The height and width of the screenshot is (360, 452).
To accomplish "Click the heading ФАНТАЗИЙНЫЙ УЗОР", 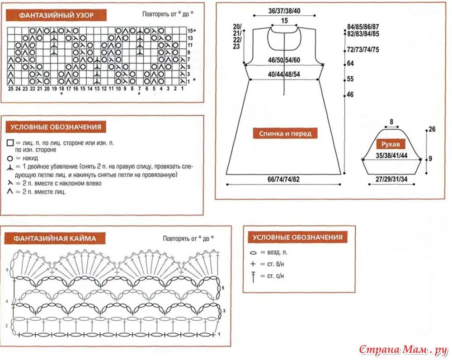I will [x=56, y=15].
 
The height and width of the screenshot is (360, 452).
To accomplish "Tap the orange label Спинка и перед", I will [x=285, y=133].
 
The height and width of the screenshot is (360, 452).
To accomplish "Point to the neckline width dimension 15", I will [x=284, y=21].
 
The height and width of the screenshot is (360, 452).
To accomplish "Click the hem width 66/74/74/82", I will [x=283, y=179].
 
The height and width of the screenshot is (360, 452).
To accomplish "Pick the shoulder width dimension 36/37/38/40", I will [x=284, y=10].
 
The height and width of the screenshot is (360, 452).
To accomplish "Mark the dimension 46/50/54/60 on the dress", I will [x=284, y=60].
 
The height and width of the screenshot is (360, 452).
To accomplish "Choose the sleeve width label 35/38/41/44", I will [x=391, y=155].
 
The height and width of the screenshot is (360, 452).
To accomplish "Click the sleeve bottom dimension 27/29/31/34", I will [x=391, y=179].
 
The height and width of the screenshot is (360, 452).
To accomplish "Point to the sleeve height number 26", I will [x=432, y=130].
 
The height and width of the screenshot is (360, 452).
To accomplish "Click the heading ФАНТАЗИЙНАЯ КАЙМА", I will [x=55, y=238].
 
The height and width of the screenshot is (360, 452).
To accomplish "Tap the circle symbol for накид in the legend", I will [x=9, y=159].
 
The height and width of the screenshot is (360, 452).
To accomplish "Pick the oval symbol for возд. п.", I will [x=253, y=253].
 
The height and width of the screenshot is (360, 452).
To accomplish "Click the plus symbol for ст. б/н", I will [x=253, y=264].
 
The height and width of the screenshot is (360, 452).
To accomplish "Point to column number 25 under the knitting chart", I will [x=11, y=89].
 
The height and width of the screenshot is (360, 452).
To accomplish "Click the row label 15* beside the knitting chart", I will [x=191, y=31].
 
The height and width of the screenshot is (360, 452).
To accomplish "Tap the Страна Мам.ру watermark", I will [x=403, y=349].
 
